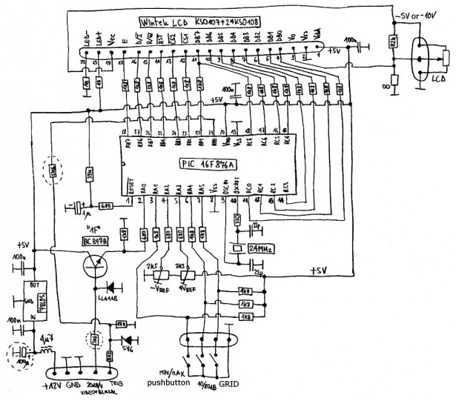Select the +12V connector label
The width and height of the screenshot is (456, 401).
click(52, 385)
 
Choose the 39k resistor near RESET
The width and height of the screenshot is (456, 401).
click(88, 176)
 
